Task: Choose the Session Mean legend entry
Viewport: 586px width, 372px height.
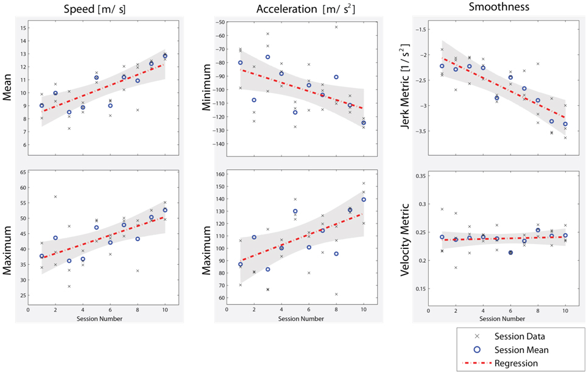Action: [521, 349]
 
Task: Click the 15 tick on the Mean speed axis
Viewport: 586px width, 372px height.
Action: [23, 27]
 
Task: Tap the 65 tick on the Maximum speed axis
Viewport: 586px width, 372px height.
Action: [23, 172]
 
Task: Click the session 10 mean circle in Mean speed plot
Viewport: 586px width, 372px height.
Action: [165, 56]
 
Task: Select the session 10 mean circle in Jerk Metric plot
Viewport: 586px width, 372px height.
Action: [565, 124]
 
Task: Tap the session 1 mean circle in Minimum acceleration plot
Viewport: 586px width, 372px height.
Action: [240, 63]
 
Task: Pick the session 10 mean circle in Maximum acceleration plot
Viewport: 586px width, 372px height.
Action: [364, 200]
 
